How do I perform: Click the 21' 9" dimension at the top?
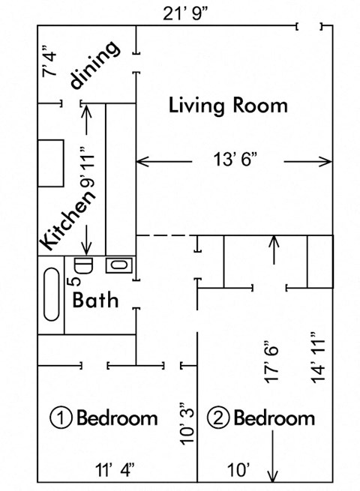point(190,13)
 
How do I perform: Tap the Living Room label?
point(228,105)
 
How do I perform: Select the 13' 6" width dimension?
point(235,160)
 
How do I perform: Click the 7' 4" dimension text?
point(50,61)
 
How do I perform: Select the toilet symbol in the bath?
point(82,265)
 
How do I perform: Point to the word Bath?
point(95,301)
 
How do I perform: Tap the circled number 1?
point(61,417)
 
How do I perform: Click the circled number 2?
point(217,417)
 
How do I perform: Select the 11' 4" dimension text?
point(115,470)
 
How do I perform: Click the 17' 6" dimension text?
point(271,364)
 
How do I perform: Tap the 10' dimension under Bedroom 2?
point(238,470)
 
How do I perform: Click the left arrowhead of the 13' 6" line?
point(140,160)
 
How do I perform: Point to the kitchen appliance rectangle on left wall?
point(51,163)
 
